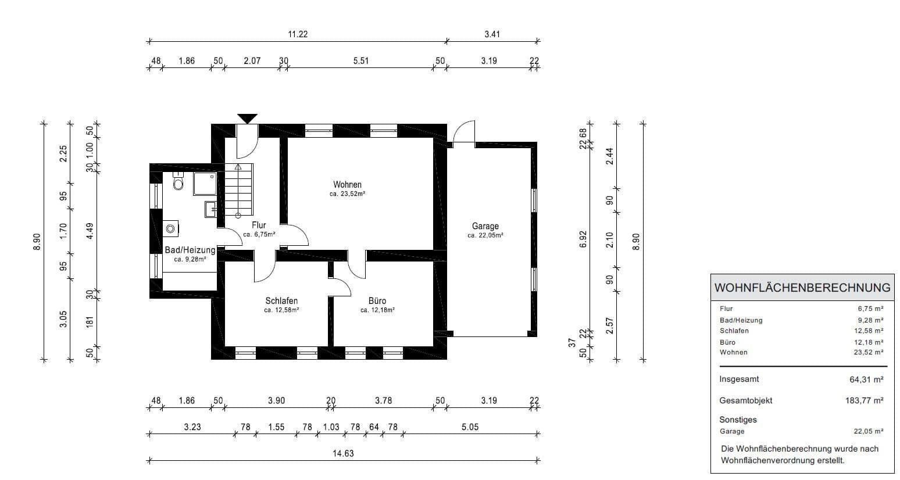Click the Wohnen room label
[347, 185]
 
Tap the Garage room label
[485, 227]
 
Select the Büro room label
[377, 301]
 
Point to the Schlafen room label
[281, 301]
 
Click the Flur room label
[259, 225]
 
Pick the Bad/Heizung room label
[190, 250]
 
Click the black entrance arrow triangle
[248, 118]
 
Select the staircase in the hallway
[240, 189]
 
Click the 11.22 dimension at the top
[298, 34]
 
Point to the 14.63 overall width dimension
[343, 454]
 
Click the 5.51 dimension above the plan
[361, 60]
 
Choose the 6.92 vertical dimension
[584, 239]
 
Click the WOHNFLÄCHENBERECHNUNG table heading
[802, 288]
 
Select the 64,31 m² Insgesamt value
[866, 379]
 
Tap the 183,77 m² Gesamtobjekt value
[864, 400]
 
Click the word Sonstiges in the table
[738, 420]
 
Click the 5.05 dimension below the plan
[470, 427]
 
